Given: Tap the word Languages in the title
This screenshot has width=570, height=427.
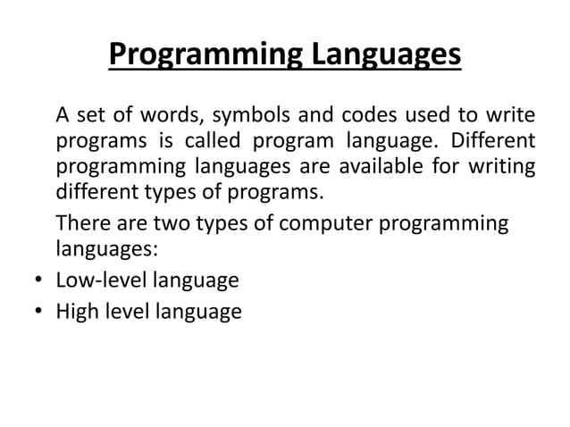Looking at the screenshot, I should [385, 54].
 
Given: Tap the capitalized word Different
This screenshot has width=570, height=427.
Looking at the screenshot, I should [490, 141].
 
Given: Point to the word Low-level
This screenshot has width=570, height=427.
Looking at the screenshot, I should [101, 280].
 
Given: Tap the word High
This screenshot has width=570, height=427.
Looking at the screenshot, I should [76, 312].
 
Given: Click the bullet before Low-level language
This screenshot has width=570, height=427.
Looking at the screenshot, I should [38, 281].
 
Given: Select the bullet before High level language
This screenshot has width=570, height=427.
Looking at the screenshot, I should [38, 313].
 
